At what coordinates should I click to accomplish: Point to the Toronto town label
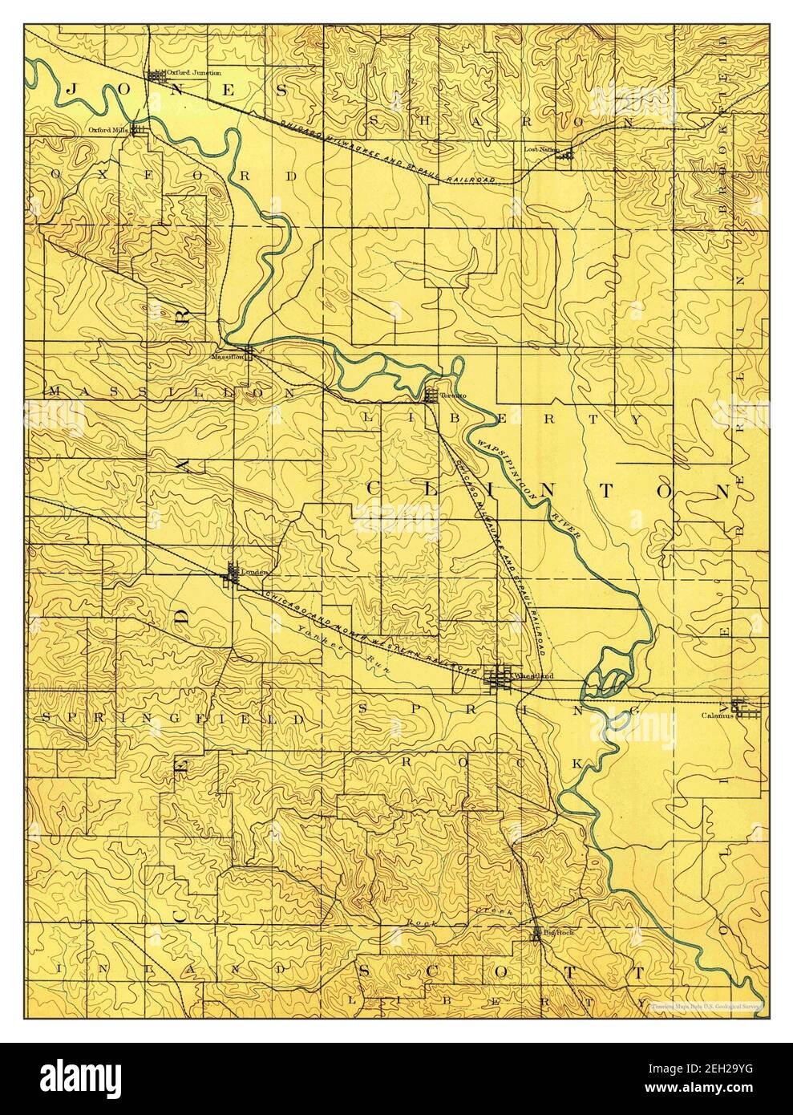[x=454, y=395]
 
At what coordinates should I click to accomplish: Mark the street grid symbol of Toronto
[x=432, y=395]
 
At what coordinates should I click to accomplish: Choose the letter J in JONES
[x=71, y=90]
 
